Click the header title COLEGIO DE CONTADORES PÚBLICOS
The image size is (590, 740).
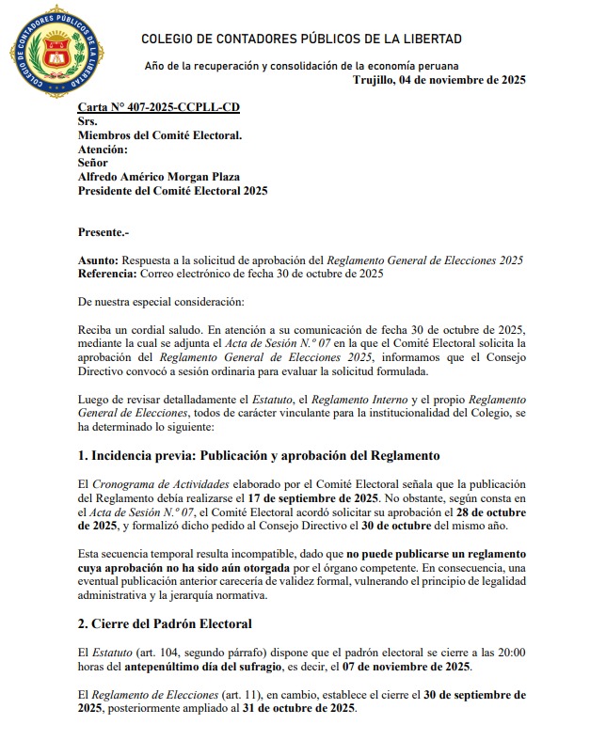(301, 39)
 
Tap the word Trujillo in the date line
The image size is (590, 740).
(375, 80)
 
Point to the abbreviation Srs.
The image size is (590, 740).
(88, 121)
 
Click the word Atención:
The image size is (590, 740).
(103, 150)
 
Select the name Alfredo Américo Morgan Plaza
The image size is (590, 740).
(159, 177)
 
